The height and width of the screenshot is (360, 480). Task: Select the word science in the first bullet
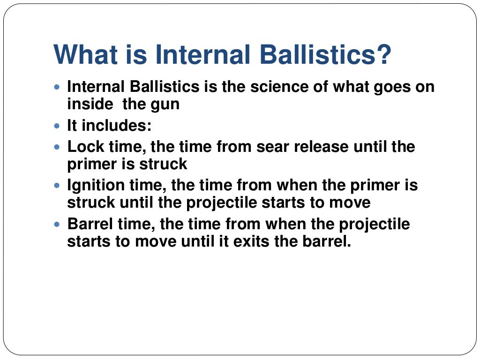(x=270, y=88)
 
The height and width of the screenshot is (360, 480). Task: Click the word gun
(x=166, y=104)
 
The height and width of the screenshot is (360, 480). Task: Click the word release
(x=321, y=147)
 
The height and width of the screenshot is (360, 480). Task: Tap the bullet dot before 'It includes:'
(x=58, y=127)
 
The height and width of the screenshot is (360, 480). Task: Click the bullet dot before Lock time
(x=58, y=147)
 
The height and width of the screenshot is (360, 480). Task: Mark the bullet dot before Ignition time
(x=58, y=186)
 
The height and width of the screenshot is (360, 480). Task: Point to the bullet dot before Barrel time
(x=58, y=225)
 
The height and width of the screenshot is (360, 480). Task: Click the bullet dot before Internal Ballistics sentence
(x=58, y=88)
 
